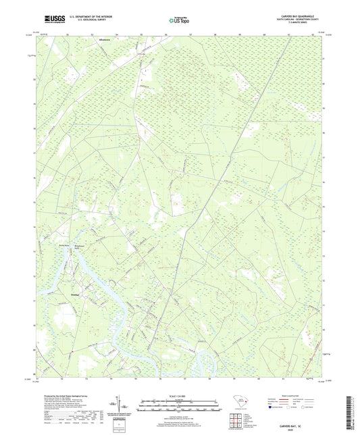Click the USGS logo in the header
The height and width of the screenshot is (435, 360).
coord(51,21)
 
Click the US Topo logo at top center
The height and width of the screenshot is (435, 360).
coord(174,21)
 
